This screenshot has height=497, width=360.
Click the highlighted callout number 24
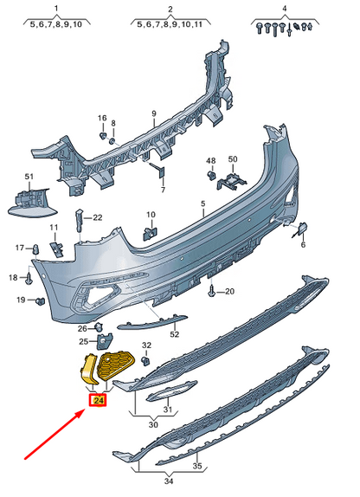pos(98,400)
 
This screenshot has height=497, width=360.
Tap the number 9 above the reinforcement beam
pos(152,113)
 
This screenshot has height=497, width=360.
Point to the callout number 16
pos(101,118)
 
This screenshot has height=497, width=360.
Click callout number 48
pos(210,160)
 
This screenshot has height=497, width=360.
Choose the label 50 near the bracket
pos(232,160)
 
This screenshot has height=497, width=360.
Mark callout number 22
pos(98,217)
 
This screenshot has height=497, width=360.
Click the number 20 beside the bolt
pos(230,292)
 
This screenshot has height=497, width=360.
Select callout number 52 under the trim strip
pos(174,333)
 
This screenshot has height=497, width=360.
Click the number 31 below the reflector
pos(170,410)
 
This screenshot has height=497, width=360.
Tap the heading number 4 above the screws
pos(282,8)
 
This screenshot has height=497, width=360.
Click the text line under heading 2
pos(170,25)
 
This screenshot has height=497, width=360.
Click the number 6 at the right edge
pos(305,245)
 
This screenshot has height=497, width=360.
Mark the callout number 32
pos(146,346)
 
